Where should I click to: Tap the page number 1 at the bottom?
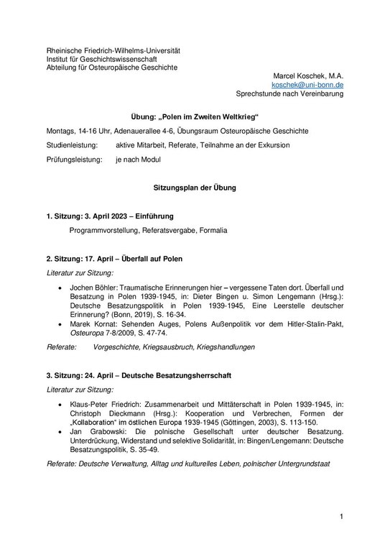[x=343, y=515]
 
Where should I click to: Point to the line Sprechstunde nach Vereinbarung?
[x=289, y=93]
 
